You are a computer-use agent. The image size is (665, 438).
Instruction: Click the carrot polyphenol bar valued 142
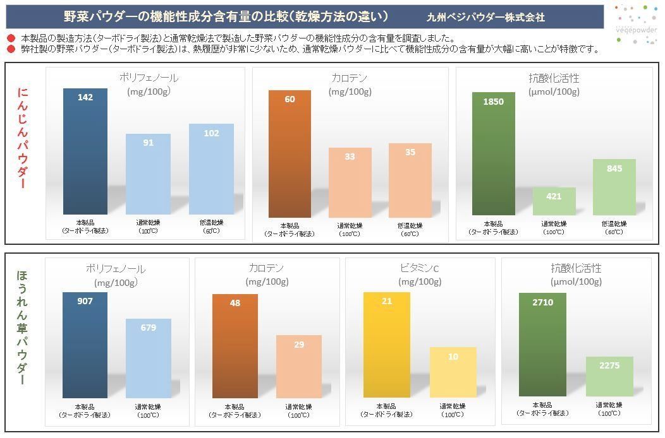[x=85, y=151]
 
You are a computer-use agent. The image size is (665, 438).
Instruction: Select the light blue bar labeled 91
[x=148, y=174]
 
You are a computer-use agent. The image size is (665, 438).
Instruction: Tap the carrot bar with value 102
[x=211, y=169]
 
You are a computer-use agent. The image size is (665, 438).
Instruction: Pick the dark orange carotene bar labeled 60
[x=290, y=153]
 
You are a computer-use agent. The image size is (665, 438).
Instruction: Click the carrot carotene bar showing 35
[x=410, y=180]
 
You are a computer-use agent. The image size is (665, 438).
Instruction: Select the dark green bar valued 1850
[x=493, y=153]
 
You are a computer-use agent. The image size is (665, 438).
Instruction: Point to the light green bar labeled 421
[x=554, y=201]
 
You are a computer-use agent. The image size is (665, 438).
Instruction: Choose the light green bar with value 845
[x=614, y=187]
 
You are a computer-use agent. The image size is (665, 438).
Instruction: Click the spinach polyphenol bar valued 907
[x=85, y=345]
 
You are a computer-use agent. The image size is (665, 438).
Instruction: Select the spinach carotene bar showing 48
[x=235, y=346]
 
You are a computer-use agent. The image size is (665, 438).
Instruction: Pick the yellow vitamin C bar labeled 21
[x=386, y=345]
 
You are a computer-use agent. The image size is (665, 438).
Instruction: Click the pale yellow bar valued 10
[x=453, y=372]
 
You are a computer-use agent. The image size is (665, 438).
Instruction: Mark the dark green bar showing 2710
[x=542, y=345]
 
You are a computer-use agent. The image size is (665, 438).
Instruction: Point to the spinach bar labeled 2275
[x=609, y=376]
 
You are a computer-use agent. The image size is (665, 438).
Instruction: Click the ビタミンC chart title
[x=419, y=268]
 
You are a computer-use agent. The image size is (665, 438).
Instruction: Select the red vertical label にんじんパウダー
[x=23, y=138]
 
